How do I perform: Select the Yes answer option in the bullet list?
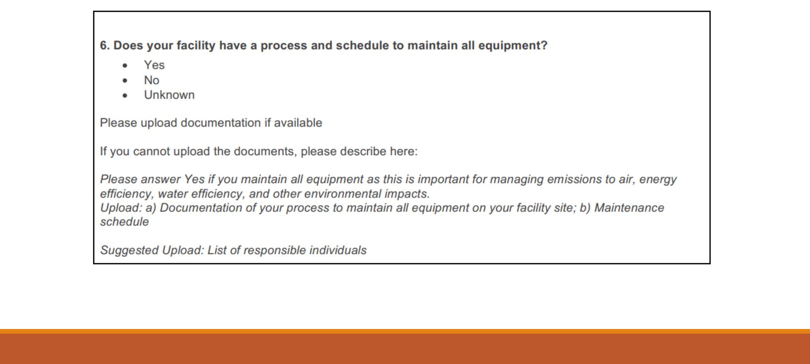154,65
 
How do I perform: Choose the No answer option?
151,80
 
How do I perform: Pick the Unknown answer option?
169,95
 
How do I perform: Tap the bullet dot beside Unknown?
125,96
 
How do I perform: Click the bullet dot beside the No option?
125,81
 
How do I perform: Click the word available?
298,123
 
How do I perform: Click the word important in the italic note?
443,179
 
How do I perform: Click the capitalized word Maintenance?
629,208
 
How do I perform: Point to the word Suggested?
130,251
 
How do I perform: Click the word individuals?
338,250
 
